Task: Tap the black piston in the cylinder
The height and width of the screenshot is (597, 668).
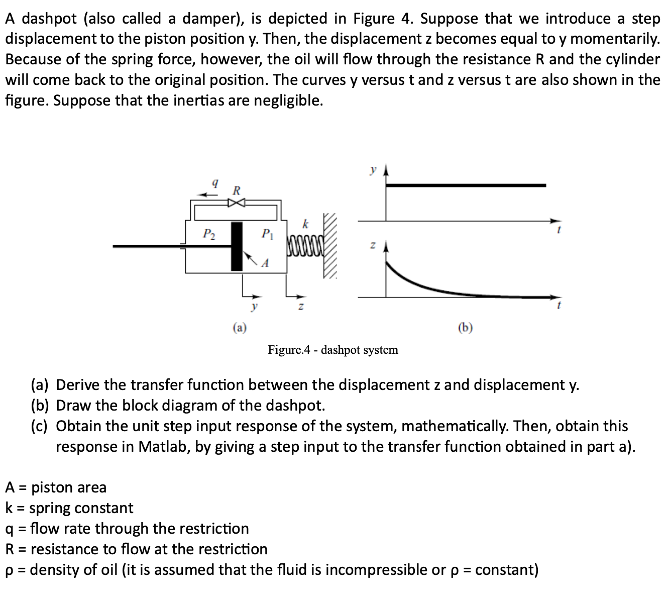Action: tap(237, 246)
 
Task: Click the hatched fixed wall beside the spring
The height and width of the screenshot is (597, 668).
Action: tap(331, 246)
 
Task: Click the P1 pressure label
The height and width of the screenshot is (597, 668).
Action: tap(268, 234)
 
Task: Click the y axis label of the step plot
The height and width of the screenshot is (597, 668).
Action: tap(372, 170)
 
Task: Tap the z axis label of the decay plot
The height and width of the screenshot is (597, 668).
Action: tap(372, 246)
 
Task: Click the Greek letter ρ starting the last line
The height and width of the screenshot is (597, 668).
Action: tap(9, 570)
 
